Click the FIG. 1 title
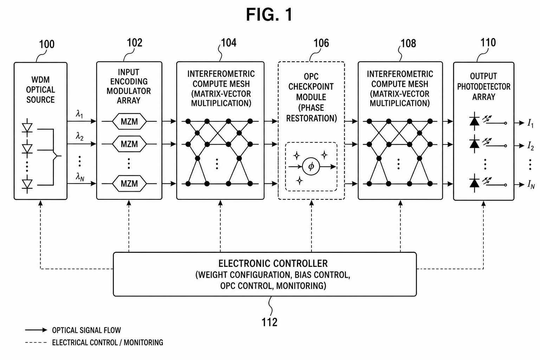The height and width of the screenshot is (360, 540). pos(269,14)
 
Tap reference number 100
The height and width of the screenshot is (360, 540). pos(47,44)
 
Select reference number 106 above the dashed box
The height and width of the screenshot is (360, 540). pos(321,43)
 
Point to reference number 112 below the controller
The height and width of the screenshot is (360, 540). pos(270,322)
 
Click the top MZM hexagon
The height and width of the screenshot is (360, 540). pos(129,121)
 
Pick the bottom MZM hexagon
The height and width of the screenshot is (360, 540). pos(129,184)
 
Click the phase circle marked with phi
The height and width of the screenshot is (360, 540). pos(311,166)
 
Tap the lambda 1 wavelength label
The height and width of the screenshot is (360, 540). pos(79,114)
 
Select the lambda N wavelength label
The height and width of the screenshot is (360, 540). pos(80,177)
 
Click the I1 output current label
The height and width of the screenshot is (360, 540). pos(531,123)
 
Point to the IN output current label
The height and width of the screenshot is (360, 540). pos(531,185)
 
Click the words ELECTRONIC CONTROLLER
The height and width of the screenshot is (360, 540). pos(273,264)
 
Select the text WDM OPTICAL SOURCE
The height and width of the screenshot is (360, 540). pos(40,90)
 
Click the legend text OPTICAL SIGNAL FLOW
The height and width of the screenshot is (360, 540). pos(86,330)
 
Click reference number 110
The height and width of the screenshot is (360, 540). pos(488,43)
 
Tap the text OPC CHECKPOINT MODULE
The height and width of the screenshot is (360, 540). pos(311,86)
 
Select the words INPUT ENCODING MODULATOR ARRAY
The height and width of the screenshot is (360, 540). pos(129,86)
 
